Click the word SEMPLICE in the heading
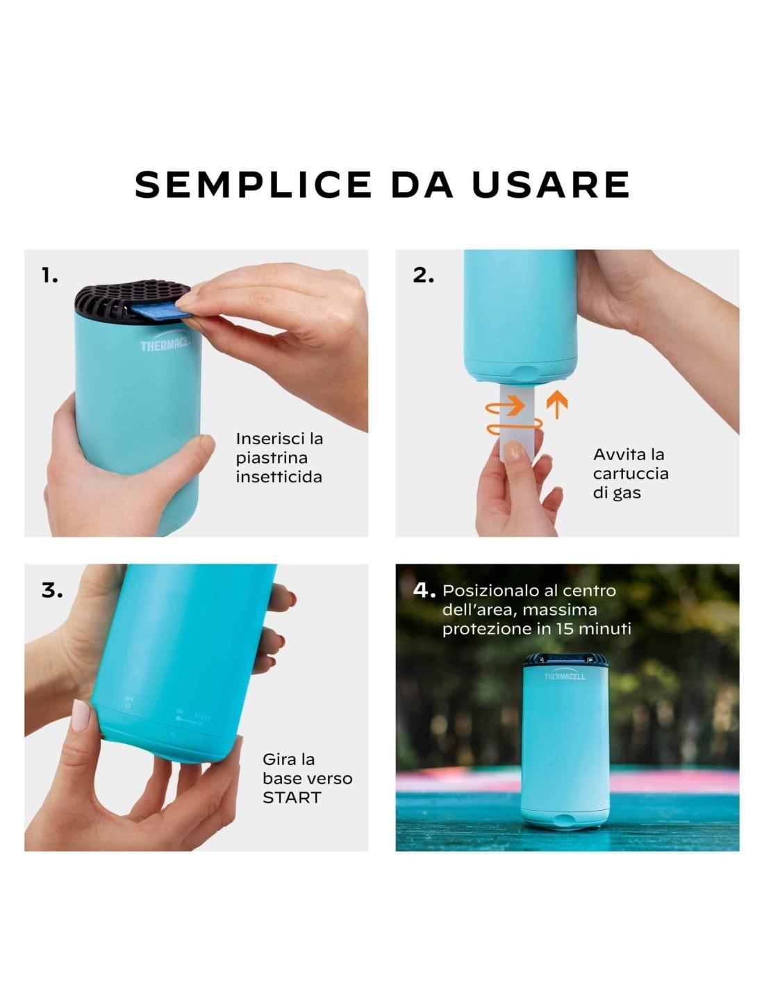254,185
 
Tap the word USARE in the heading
551,185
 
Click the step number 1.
49,276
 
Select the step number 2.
423,276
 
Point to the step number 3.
52,591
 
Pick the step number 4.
424,590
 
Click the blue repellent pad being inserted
161,312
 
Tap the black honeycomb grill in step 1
132,301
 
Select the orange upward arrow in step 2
557,404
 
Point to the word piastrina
272,458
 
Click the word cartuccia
631,474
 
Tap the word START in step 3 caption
292,797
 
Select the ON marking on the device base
180,711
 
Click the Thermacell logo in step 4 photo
565,675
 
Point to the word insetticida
279,478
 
